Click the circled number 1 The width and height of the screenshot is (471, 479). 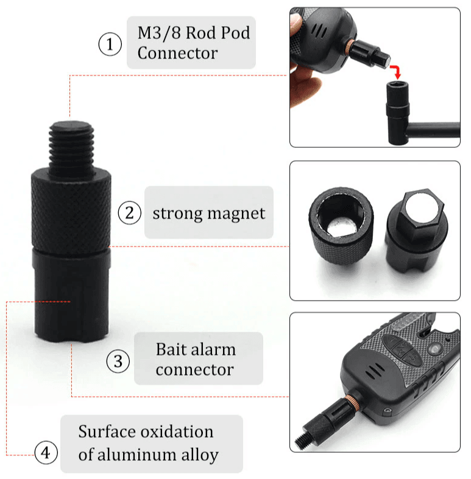click(x=110, y=44)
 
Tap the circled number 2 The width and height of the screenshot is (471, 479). click(x=130, y=213)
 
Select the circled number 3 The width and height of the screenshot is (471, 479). click(x=118, y=361)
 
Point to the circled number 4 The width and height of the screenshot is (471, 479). click(x=46, y=452)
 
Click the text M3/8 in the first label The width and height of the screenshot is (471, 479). click(x=159, y=33)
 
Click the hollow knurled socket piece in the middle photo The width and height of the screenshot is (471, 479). click(x=341, y=226)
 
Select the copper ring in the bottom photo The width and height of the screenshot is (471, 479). click(x=351, y=401)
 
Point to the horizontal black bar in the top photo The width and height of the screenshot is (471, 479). click(x=434, y=130)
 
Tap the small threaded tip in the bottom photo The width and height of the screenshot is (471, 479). click(x=303, y=438)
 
